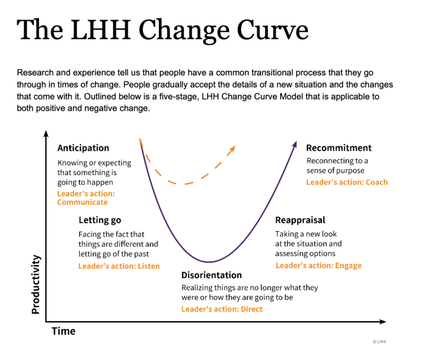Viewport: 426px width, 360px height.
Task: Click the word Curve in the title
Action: pyautogui.click(x=273, y=30)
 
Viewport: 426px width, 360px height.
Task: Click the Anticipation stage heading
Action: pyautogui.click(x=83, y=148)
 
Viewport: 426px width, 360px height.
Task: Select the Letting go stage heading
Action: pyautogui.click(x=100, y=220)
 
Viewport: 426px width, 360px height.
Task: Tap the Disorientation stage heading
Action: pyautogui.click(x=212, y=275)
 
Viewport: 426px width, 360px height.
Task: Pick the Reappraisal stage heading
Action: pyautogui.click(x=300, y=220)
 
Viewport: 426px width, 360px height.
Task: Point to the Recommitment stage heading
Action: pyautogui.click(x=339, y=148)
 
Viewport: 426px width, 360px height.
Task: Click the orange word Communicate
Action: pyautogui.click(x=82, y=202)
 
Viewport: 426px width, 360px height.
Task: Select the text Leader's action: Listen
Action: pyautogui.click(x=119, y=266)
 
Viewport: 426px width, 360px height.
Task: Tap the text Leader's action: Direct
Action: pyautogui.click(x=222, y=309)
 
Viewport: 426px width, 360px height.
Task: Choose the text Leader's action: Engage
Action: pyautogui.click(x=319, y=266)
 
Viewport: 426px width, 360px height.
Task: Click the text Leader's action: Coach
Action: pyautogui.click(x=347, y=182)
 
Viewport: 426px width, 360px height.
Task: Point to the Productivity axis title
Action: pyautogui.click(x=36, y=284)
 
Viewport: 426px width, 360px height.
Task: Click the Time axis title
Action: pyautogui.click(x=63, y=331)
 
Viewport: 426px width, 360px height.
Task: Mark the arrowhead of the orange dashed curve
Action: pyautogui.click(x=232, y=149)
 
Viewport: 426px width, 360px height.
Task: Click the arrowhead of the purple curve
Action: pyautogui.click(x=295, y=144)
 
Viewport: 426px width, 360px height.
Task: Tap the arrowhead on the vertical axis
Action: pyautogui.click(x=46, y=134)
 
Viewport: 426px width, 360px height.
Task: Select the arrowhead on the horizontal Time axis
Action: pyautogui.click(x=383, y=322)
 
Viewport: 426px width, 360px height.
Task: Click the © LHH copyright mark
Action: pyautogui.click(x=379, y=342)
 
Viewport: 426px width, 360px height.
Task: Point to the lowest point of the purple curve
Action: pyautogui.click(x=209, y=262)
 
